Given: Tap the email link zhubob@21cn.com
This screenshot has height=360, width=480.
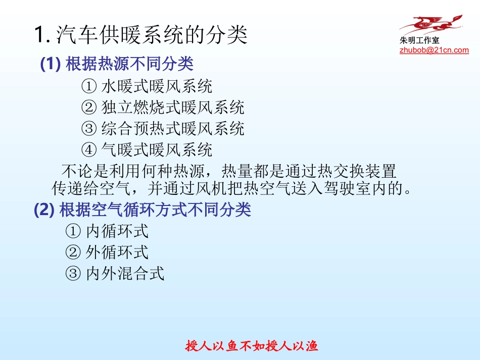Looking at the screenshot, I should (434, 50).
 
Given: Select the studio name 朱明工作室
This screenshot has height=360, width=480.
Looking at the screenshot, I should (419, 41).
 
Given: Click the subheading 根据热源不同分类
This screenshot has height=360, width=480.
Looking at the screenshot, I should (130, 64).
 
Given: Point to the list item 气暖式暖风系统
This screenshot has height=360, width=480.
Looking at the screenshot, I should (157, 149).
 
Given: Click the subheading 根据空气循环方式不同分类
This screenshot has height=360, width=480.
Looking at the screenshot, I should (155, 210).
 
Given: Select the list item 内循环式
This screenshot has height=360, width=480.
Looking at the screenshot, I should (117, 231).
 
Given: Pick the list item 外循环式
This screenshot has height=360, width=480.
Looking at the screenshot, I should (117, 252).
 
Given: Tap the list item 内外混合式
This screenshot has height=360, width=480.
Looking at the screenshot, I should (125, 274).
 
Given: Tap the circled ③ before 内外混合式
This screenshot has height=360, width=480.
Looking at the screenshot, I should (73, 274).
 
